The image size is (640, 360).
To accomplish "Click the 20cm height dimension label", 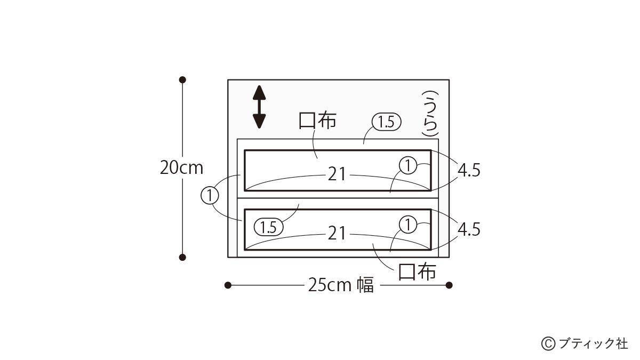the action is point(181,168).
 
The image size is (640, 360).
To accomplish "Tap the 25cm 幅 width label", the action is point(341,285).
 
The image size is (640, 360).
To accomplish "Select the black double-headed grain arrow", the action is point(259,107).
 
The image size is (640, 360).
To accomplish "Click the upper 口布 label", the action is point(317,121).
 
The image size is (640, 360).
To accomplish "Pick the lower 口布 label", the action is point(417,271).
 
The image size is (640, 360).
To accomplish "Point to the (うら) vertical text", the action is point(430,114).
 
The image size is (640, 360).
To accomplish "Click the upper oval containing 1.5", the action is point(386,123).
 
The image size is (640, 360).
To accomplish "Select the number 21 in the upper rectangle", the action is point(337,174).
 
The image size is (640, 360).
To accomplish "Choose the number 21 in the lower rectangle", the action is point(337,234).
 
